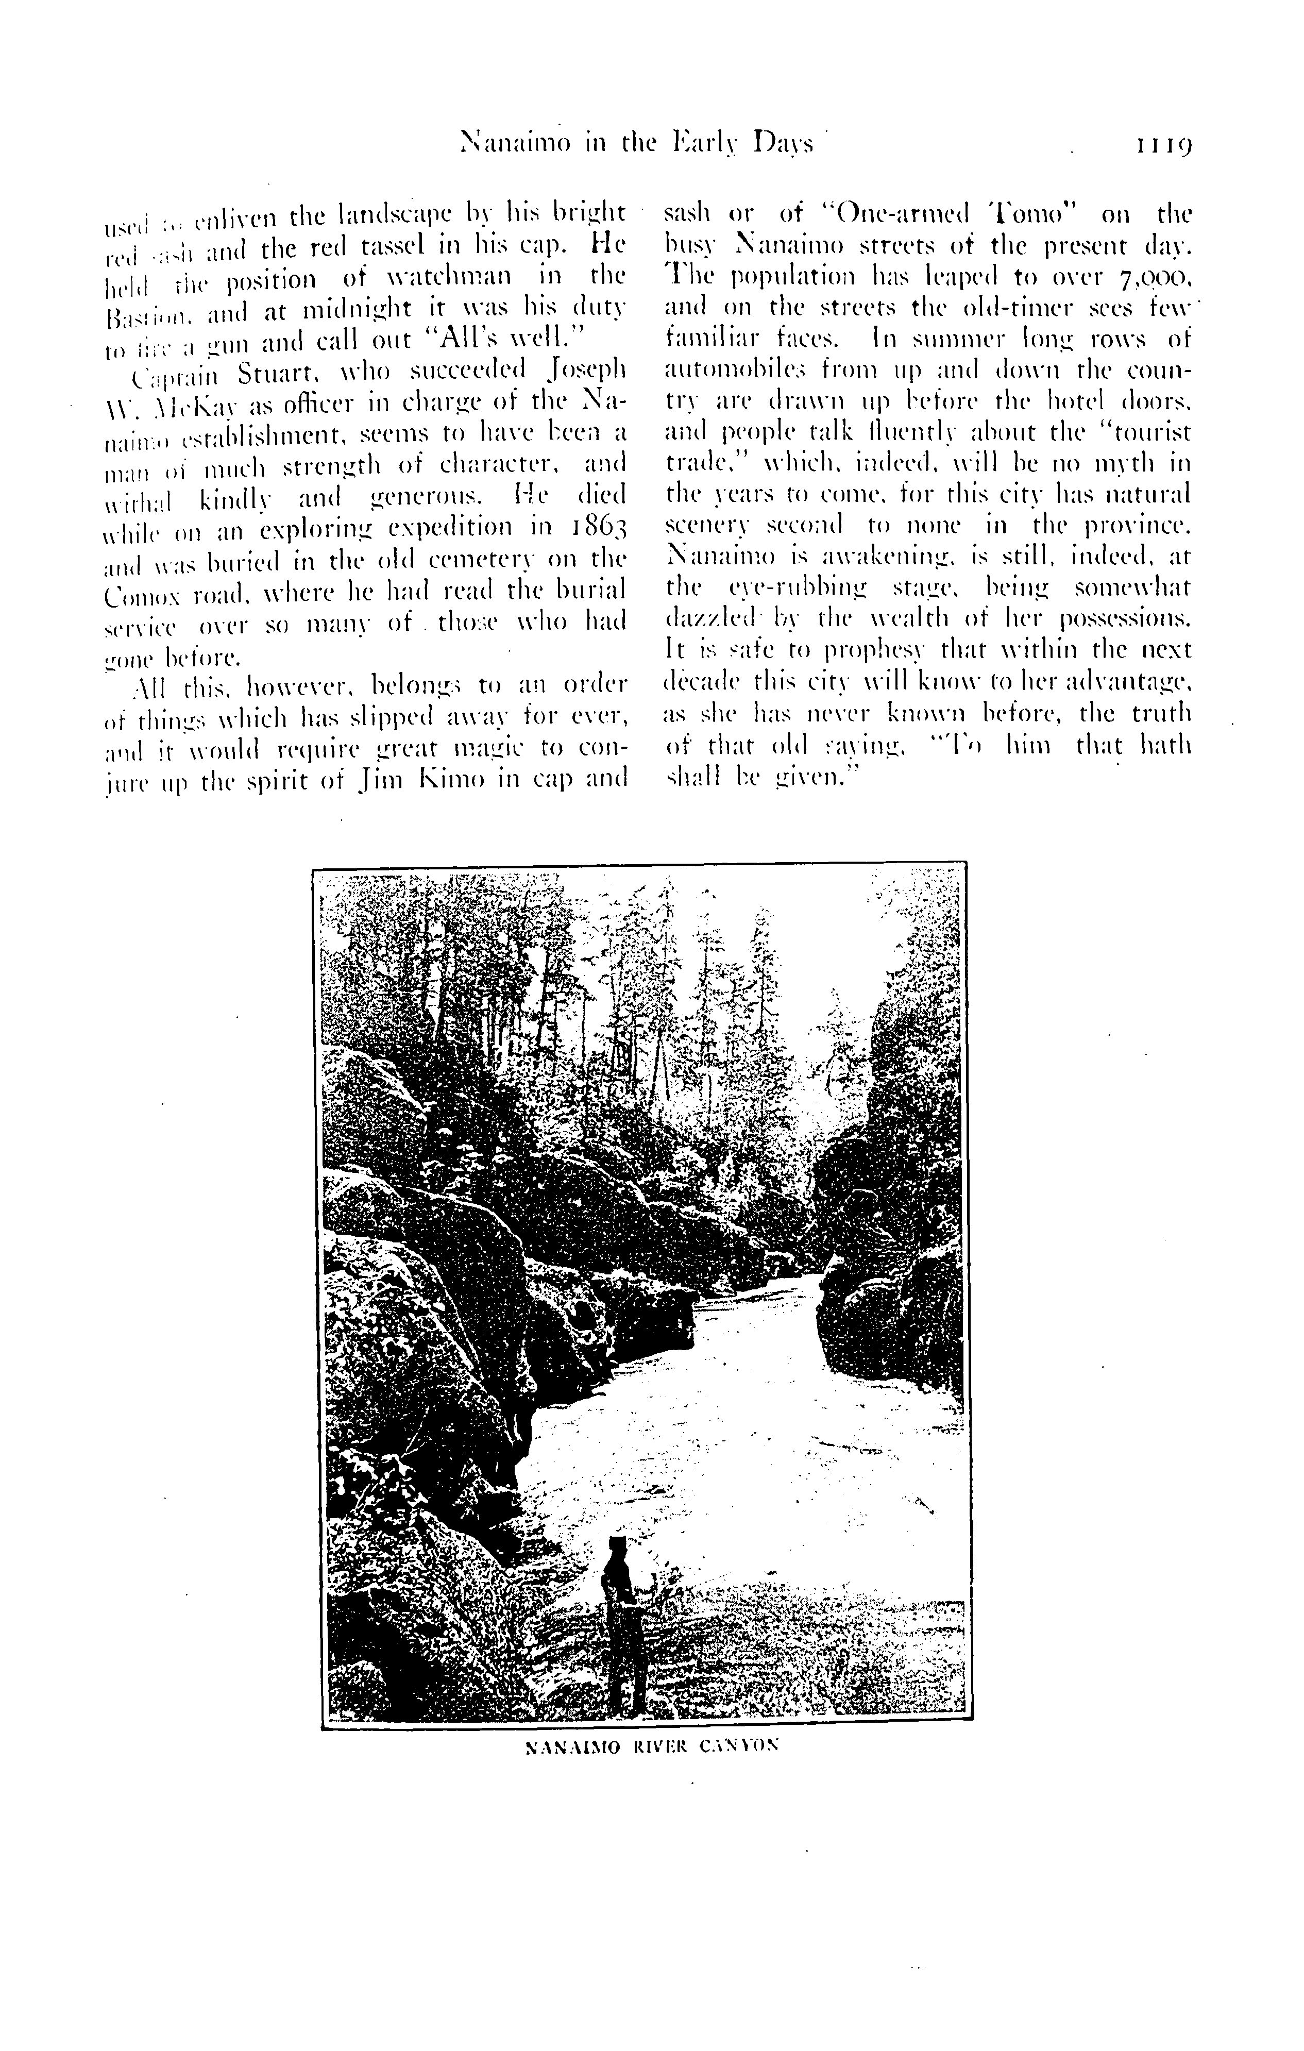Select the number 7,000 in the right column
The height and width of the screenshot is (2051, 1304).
click(x=1153, y=278)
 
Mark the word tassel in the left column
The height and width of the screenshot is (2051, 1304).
click(x=399, y=246)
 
